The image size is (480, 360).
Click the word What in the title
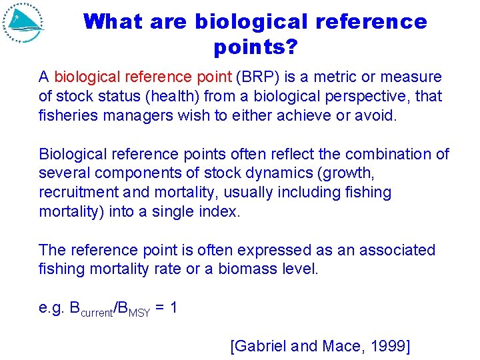tap(113, 22)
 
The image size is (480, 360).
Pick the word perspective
tap(363, 97)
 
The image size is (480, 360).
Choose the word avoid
tap(375, 115)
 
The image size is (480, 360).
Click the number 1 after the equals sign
tap(173, 309)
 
